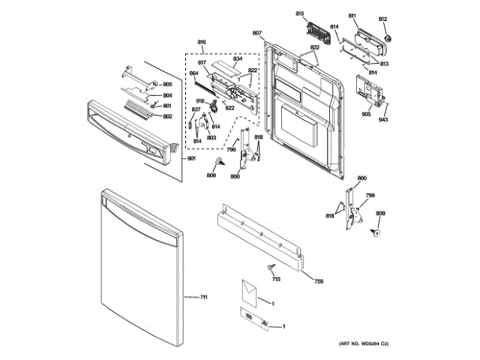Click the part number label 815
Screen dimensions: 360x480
pyautogui.click(x=299, y=14)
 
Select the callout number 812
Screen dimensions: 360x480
pyautogui.click(x=382, y=19)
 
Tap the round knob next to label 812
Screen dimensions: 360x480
pyautogui.click(x=389, y=37)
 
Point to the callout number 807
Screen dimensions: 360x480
pyautogui.click(x=256, y=33)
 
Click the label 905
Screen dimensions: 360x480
pyautogui.click(x=366, y=115)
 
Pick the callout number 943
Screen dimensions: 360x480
pyautogui.click(x=383, y=120)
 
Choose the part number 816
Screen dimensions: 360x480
pyautogui.click(x=202, y=42)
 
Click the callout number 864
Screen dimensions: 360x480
pyautogui.click(x=193, y=73)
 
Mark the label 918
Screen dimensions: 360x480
pyautogui.click(x=201, y=100)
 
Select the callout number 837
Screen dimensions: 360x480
pyautogui.click(x=196, y=110)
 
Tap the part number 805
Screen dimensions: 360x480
pyautogui.click(x=167, y=84)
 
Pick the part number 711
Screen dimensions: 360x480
pyautogui.click(x=203, y=298)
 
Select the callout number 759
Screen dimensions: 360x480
pyautogui.click(x=319, y=281)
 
